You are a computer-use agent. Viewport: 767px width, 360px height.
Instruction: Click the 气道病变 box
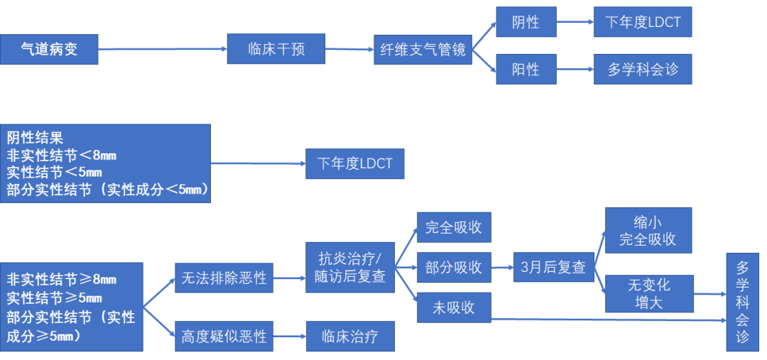click(49, 50)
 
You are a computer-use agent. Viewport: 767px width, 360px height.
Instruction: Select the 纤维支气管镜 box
click(423, 50)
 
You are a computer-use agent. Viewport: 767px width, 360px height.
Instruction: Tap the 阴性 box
click(526, 22)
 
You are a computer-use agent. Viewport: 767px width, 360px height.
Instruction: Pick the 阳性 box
click(526, 70)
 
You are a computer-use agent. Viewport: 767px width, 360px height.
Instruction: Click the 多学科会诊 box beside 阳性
click(642, 70)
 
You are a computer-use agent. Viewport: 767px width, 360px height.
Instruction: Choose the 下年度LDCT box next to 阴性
click(642, 22)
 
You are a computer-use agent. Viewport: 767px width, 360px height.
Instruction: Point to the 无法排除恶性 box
click(224, 278)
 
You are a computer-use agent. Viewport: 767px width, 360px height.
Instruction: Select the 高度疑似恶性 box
click(224, 336)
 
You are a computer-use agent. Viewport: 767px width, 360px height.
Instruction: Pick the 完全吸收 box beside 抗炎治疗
click(453, 227)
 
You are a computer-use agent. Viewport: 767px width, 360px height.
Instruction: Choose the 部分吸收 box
click(453, 267)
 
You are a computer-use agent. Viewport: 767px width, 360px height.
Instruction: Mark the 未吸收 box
click(453, 307)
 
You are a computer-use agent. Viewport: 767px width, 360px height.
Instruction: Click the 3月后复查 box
click(553, 267)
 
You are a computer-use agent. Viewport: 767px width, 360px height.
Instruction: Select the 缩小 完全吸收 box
click(648, 229)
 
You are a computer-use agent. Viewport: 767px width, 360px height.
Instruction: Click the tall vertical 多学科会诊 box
click(742, 301)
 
